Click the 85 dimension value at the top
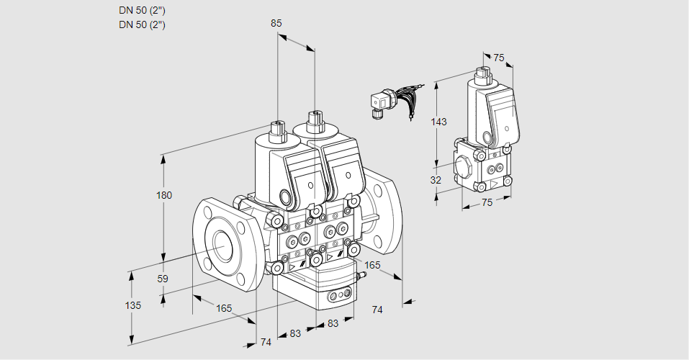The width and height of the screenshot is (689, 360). [x=276, y=23]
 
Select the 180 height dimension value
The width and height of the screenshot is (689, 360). [x=165, y=196]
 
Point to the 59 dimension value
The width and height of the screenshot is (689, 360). [x=163, y=279]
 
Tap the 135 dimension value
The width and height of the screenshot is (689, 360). [x=132, y=305]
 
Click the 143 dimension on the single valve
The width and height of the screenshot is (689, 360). [x=438, y=122]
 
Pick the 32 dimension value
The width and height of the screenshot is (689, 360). [x=436, y=180]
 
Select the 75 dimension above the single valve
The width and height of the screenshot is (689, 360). [x=499, y=58]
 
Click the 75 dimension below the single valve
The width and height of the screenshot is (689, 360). [x=487, y=203]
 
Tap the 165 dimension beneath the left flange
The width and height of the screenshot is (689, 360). [x=224, y=308]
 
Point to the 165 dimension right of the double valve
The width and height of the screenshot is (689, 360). [x=371, y=266]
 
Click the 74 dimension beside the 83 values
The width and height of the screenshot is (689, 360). [x=266, y=342]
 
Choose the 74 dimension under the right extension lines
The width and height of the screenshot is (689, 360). [x=377, y=310]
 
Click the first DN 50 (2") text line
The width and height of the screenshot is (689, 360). [x=143, y=11]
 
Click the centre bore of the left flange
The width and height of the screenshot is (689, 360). [x=220, y=245]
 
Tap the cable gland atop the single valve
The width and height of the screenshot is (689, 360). [x=482, y=74]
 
